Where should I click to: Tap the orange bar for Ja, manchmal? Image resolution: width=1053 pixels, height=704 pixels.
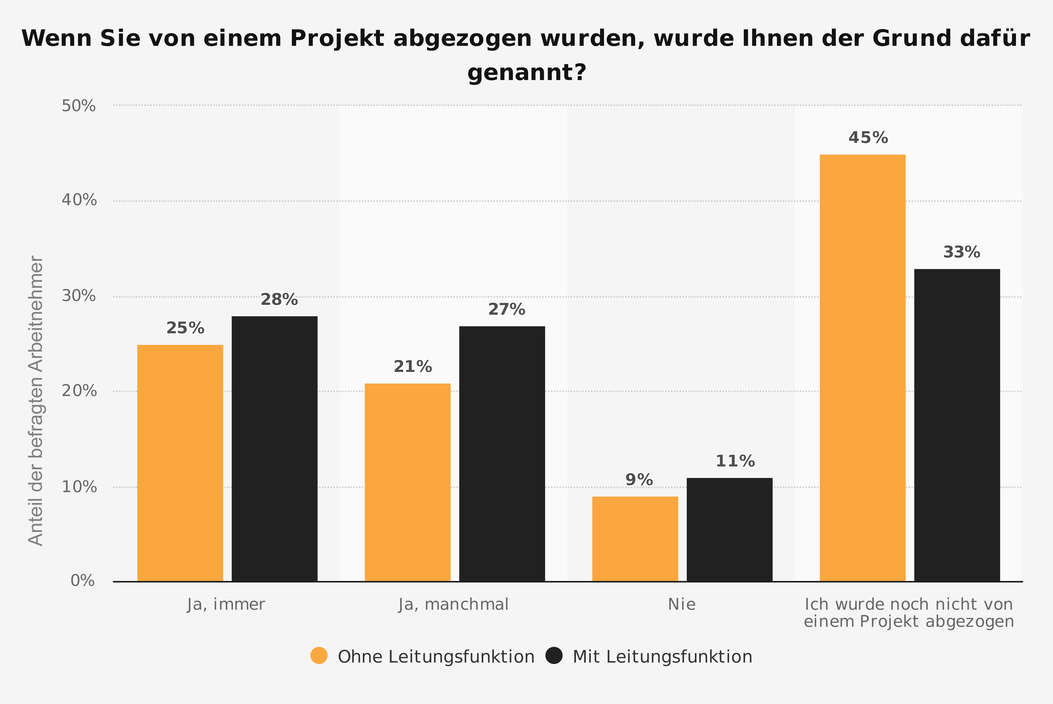[408, 482]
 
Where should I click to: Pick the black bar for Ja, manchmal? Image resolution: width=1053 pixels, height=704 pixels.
[502, 454]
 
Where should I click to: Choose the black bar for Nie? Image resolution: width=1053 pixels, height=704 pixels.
[729, 529]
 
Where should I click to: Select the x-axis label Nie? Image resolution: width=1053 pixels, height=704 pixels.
[681, 604]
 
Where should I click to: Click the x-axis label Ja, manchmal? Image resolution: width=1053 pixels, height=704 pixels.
[453, 604]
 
